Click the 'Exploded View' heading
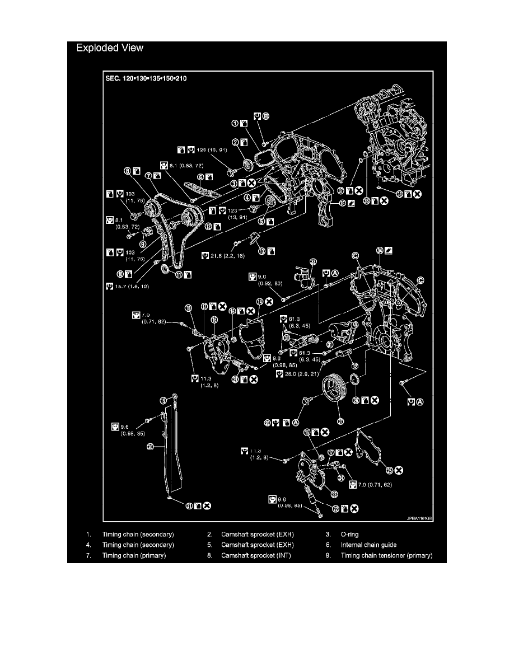(110, 48)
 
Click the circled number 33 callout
(312, 261)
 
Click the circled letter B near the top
(266, 116)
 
